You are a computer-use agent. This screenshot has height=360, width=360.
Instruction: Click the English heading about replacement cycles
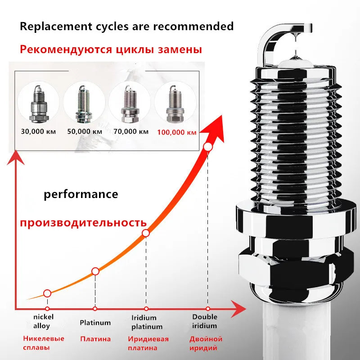coord(126,26)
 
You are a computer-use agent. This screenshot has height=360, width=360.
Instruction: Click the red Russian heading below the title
coord(111,49)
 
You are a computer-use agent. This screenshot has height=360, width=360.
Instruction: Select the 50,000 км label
coord(85,132)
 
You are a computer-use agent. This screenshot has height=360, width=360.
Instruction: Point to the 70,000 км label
coord(130,132)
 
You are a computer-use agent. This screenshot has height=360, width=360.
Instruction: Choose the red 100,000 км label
coord(176,132)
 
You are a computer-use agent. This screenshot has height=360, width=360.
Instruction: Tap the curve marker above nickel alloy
coord(47,293)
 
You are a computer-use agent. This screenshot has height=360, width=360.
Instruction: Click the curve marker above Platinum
coord(95,271)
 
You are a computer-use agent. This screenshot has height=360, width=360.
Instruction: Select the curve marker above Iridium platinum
coord(146,233)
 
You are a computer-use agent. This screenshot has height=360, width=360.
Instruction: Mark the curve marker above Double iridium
coord(208,147)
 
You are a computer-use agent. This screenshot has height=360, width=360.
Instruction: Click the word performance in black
coord(81,194)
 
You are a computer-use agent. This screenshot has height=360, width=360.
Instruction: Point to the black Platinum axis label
coord(95,323)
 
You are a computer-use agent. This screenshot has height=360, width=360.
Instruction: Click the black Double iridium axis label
coord(205,321)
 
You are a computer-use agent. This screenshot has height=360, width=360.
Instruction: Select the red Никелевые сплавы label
coord(44,343)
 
